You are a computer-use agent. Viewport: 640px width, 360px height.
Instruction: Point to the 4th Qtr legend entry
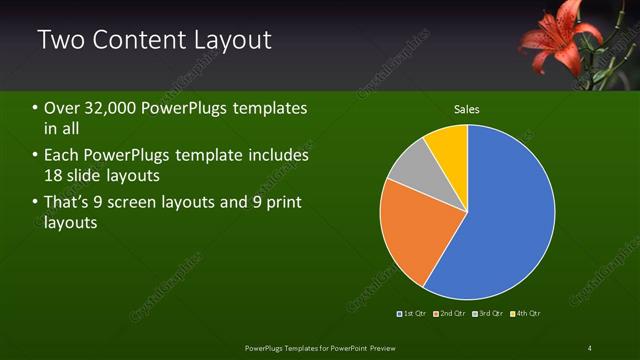coord(526,313)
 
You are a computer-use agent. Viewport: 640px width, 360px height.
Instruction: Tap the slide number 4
coord(590,347)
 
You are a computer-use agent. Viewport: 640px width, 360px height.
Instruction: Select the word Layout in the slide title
coord(226,40)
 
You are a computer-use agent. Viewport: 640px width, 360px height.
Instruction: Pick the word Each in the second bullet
coord(61,156)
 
